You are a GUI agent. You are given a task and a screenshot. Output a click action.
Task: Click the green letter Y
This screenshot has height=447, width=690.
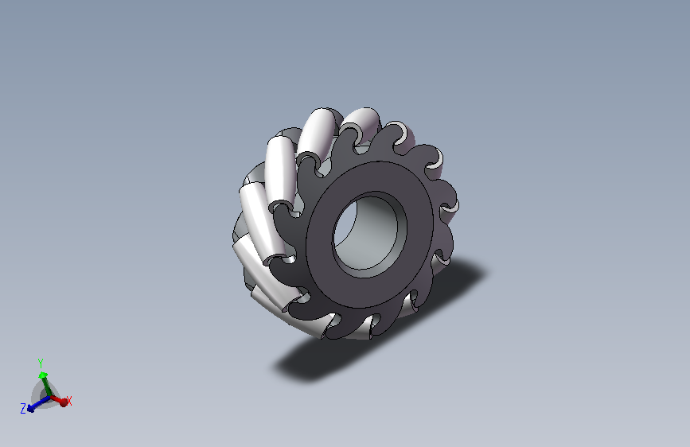click(41, 363)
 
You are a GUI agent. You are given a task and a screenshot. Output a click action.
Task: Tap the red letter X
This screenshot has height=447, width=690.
click(69, 401)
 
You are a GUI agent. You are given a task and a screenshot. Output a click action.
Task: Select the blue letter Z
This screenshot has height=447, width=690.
click(23, 409)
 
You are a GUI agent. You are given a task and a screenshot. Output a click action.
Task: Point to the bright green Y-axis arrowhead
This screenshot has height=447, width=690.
click(43, 375)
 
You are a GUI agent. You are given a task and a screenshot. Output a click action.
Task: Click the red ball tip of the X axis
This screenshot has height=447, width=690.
click(64, 402)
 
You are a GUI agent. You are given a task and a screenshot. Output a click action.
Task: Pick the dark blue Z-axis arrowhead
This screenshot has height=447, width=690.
click(30, 409)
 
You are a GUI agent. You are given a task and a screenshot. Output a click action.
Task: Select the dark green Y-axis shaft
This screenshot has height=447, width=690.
click(45, 387)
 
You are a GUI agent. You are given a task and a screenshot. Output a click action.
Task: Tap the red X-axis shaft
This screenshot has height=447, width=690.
click(55, 399)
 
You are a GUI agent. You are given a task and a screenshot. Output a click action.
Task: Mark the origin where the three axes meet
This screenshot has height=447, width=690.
click(49, 397)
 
